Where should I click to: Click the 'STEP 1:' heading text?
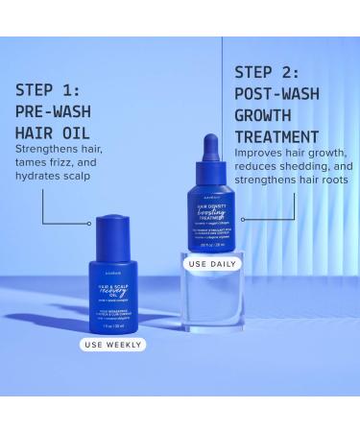coord(48,90)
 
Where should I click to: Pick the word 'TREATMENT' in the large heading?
coord(276,136)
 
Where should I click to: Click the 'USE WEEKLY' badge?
coord(112,344)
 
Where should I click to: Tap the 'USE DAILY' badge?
coord(211,263)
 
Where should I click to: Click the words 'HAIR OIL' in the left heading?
coord(54,132)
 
